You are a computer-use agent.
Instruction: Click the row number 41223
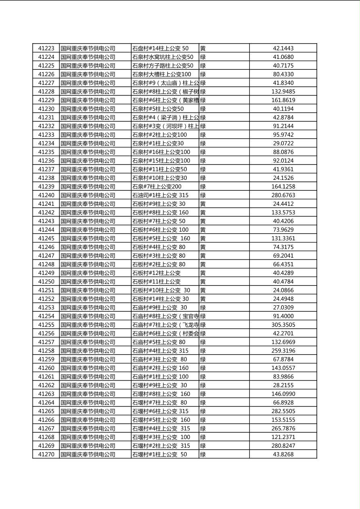[46, 48]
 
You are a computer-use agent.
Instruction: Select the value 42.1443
[283, 48]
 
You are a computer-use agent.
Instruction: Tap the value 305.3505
[283, 325]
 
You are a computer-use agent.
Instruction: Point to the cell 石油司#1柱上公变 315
[160, 195]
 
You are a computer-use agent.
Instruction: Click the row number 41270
[46, 454]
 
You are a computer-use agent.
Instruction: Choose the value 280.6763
[283, 195]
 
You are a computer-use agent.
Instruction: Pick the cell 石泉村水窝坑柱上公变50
[163, 57]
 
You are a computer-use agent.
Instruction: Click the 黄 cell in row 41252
[203, 299]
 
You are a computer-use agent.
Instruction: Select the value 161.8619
[283, 100]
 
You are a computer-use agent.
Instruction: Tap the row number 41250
[46, 282]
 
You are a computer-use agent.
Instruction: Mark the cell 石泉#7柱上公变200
[157, 187]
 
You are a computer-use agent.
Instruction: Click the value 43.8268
[283, 454]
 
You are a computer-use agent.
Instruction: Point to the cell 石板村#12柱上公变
[157, 273]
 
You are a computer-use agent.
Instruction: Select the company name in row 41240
[88, 195]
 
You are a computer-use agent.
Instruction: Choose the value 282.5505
[283, 411]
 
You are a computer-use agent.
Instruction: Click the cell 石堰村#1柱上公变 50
[160, 454]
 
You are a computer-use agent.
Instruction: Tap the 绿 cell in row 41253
[203, 307]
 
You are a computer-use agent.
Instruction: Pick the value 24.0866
[283, 290]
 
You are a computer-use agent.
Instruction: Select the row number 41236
[46, 161]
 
